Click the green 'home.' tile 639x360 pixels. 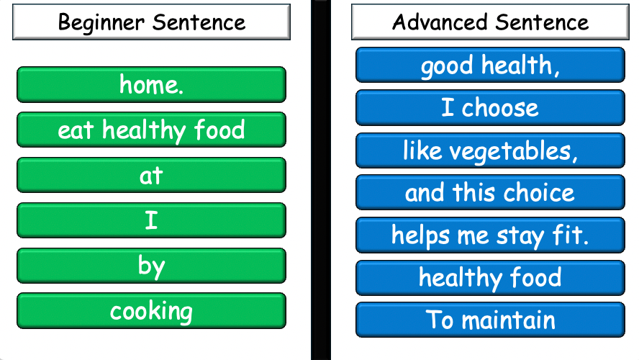coord(151,85)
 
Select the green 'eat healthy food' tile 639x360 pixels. coord(151,130)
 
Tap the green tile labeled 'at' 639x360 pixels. coord(151,175)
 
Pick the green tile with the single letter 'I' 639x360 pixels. coord(151,220)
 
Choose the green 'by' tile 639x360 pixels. coord(151,266)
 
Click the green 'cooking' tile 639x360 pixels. coord(151,311)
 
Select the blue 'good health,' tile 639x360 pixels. coord(490,66)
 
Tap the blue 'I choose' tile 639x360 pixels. coord(490,108)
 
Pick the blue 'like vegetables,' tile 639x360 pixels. coord(490,150)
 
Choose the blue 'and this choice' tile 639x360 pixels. coord(490,193)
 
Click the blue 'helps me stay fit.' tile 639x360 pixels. coord(490,235)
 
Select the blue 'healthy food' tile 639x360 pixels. coord(490,278)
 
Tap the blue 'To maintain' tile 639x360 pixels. coord(490,320)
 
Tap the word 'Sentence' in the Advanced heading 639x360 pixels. coord(544,22)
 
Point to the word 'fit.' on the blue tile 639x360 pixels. coord(571,235)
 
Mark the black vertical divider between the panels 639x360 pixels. coord(320,180)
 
